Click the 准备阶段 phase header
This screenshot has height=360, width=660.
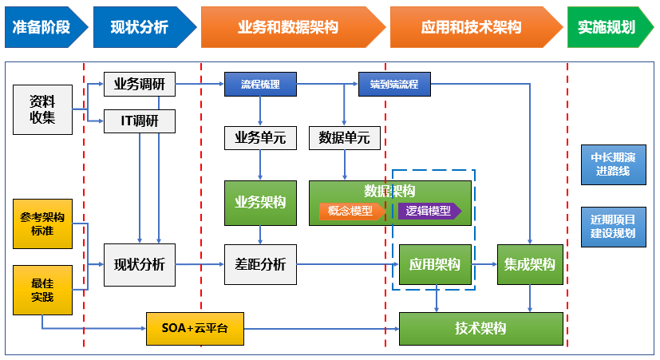(x=42, y=27)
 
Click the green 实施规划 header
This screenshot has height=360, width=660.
(x=607, y=27)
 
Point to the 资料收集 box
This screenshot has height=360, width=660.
(x=43, y=110)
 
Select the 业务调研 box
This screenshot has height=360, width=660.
(x=140, y=84)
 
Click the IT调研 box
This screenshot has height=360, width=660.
(x=140, y=121)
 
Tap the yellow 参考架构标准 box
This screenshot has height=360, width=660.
(x=43, y=224)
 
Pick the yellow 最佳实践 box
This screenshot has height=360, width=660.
(x=43, y=290)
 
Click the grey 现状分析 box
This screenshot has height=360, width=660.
(x=140, y=264)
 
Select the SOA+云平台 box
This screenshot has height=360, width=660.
(x=194, y=328)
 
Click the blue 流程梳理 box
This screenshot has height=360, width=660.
(x=260, y=84)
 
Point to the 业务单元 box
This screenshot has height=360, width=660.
(x=260, y=137)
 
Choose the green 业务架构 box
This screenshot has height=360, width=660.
(x=260, y=202)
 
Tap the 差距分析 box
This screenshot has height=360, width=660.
(x=260, y=264)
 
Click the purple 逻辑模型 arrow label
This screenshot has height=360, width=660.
(x=429, y=211)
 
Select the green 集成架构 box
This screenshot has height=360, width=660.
(x=531, y=264)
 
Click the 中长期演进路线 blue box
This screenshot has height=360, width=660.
(x=614, y=164)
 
